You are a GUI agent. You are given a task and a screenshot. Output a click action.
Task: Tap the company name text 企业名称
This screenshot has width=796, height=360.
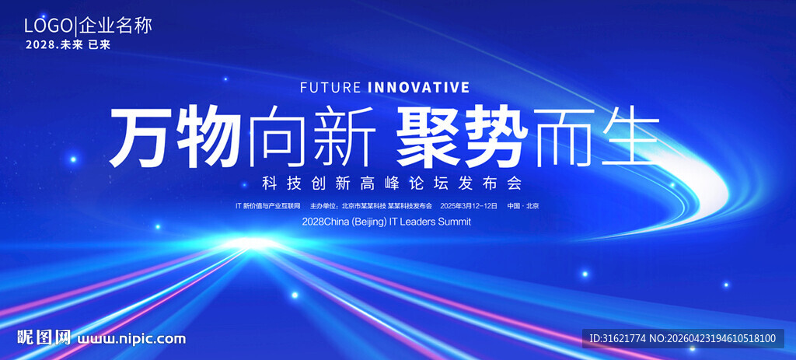coord(115,26)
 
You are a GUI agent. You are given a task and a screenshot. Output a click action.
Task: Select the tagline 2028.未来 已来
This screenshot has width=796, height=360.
coord(68,44)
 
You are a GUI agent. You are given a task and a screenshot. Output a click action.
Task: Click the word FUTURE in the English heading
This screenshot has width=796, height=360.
coord(330,87)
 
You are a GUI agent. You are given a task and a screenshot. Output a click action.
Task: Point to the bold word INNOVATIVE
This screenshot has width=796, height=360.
coord(418,87)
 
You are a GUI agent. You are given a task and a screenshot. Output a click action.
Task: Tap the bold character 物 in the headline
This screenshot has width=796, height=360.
coord(208,136)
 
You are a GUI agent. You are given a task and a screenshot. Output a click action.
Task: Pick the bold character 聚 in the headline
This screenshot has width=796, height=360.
coord(428,136)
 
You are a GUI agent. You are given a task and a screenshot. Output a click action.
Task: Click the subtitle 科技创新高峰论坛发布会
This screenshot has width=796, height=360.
coord(392,183)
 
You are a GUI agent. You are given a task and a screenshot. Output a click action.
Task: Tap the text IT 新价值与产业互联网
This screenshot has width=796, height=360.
coord(268,206)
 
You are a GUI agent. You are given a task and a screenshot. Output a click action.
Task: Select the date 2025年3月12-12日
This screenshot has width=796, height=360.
coord(469,206)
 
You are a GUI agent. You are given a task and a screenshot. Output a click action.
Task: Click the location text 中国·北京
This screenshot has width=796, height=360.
coord(523,206)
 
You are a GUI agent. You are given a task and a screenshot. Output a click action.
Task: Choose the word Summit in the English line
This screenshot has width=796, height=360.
coord(454,222)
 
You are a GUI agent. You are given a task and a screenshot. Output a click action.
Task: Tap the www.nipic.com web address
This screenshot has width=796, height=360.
coord(131,339)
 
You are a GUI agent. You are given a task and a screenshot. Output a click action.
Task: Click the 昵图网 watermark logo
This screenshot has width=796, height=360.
coord(44,337)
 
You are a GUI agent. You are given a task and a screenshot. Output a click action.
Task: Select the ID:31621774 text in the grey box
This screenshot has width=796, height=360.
coord(617,338)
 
